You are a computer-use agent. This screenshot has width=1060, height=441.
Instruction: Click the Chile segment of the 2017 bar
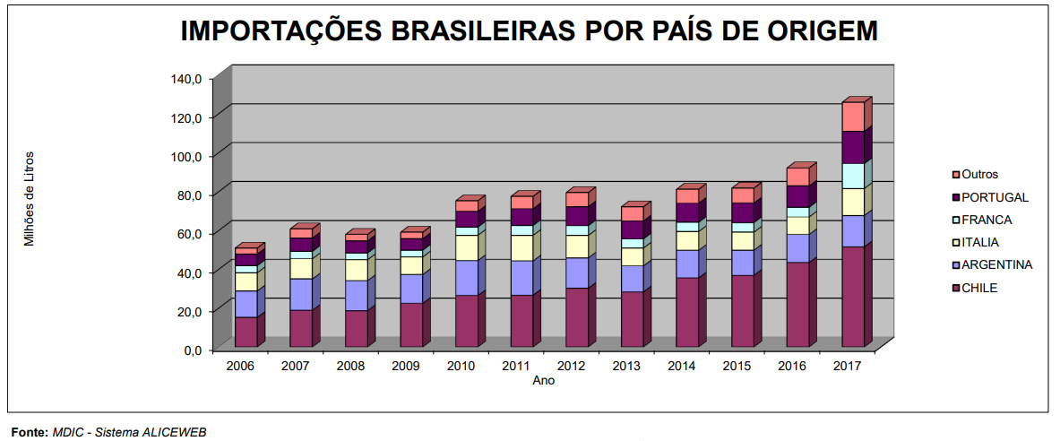pos(853,297)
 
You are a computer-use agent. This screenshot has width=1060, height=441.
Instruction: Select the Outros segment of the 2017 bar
pos(853,117)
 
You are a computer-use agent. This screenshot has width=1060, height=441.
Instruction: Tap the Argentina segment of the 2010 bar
pos(466,278)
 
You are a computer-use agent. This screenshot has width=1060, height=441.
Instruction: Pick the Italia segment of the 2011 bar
pos(521,248)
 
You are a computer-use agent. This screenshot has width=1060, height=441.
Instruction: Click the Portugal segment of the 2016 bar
pos(797,196)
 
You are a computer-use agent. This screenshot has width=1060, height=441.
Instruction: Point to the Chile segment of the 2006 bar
pos(246,332)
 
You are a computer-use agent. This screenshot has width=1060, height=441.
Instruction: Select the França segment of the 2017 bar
pos(853,176)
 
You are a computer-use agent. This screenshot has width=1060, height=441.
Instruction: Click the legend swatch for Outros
pos(956,175)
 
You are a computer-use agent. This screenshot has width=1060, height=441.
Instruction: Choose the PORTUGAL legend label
pos(995,197)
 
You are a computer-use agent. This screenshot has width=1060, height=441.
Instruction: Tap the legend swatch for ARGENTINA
pos(956,265)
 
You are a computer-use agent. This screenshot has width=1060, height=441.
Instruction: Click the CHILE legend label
pos(979,288)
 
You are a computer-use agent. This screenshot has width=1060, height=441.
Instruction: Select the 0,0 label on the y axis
pos(192,350)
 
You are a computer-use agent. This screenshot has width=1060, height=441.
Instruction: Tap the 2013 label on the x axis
pos(626,366)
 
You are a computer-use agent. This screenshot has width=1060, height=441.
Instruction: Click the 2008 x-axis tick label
pos(349,366)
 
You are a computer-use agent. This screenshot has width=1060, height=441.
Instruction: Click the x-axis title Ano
pos(543,380)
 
